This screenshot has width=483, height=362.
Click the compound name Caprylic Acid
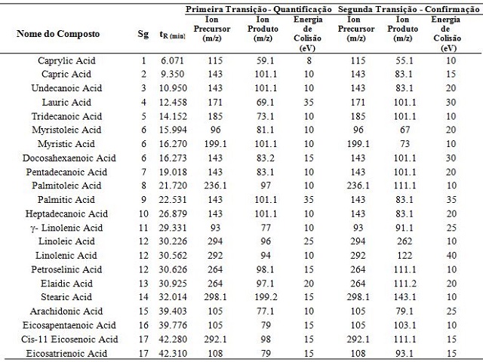(66, 60)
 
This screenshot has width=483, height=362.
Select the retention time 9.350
(172, 74)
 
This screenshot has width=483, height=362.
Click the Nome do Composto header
(58, 33)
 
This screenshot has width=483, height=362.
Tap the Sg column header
(143, 34)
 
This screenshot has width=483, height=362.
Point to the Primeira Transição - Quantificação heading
(258, 10)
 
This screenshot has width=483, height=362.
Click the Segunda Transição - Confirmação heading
(408, 10)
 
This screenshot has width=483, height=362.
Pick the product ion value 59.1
(265, 60)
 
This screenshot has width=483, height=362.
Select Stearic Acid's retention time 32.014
(173, 297)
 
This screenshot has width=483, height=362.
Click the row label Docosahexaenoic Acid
(69, 158)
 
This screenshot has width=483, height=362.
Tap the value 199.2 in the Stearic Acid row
(266, 297)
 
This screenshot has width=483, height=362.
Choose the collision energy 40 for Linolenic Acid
(451, 256)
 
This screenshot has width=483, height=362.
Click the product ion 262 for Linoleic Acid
(405, 241)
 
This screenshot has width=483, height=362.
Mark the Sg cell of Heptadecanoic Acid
(143, 214)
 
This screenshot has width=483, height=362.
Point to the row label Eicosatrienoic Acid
(66, 354)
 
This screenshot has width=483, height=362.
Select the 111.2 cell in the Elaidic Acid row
(405, 284)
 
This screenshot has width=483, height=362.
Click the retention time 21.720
(173, 186)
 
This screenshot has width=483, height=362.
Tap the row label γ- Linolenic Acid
(67, 228)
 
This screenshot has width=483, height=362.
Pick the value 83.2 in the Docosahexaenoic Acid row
(265, 158)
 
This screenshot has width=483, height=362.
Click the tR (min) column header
(172, 35)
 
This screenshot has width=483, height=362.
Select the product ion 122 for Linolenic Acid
(405, 256)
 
